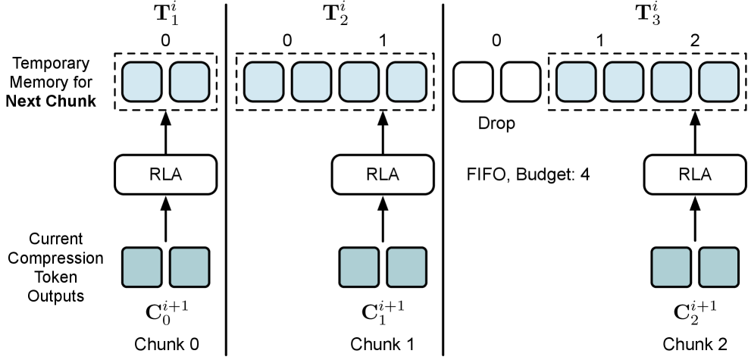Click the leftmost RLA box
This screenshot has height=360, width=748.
pyautogui.click(x=165, y=175)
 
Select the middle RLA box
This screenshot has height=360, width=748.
pyautogui.click(x=383, y=175)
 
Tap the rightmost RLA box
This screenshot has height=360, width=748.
pyautogui.click(x=695, y=175)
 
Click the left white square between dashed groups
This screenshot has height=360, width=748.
pyautogui.click(x=473, y=82)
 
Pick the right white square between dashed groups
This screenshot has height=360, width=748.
pyautogui.click(x=521, y=82)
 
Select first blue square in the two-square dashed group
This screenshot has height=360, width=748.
pyautogui.click(x=142, y=82)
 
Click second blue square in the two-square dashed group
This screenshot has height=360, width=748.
pyautogui.click(x=189, y=82)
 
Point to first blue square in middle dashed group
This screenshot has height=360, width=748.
pyautogui.click(x=264, y=82)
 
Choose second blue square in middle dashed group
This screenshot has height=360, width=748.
pyautogui.click(x=311, y=82)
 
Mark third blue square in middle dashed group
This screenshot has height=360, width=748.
pyautogui.click(x=358, y=82)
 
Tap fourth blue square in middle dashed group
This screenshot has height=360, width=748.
pyautogui.click(x=406, y=82)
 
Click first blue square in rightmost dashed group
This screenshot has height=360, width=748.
pyautogui.click(x=576, y=82)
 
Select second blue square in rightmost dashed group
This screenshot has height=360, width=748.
pyautogui.click(x=624, y=82)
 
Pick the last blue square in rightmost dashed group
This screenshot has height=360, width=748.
pyautogui.click(x=718, y=82)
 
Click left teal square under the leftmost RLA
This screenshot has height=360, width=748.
pyautogui.click(x=142, y=268)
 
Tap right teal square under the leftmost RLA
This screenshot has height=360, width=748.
pyautogui.click(x=189, y=268)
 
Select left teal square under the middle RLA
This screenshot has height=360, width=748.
pyautogui.click(x=358, y=268)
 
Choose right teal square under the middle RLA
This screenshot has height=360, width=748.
pyautogui.click(x=406, y=268)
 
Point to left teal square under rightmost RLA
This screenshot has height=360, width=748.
pyautogui.click(x=671, y=268)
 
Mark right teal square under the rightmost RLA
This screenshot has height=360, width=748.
pyautogui.click(x=718, y=268)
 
